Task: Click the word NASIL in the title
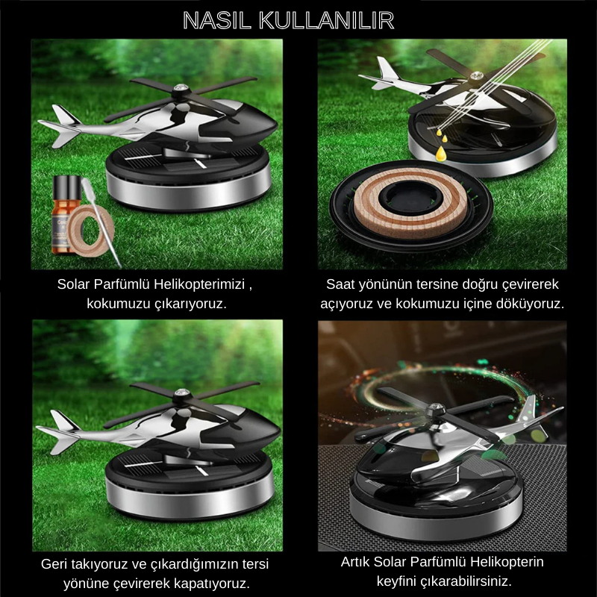click(217, 21)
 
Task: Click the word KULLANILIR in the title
click(326, 21)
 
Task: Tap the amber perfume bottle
click(66, 215)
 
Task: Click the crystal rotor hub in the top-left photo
click(179, 90)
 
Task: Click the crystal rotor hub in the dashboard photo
click(434, 409)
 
